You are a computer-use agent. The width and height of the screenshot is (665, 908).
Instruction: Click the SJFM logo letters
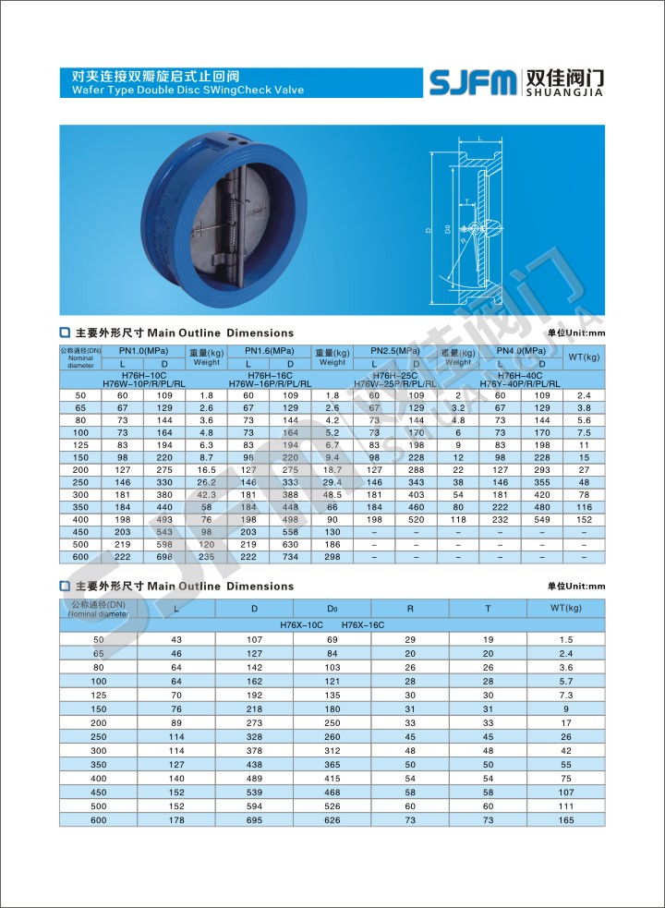pos(473,82)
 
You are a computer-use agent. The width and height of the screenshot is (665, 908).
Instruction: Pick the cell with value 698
pos(164,557)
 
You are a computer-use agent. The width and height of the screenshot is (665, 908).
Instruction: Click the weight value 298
pos(332,557)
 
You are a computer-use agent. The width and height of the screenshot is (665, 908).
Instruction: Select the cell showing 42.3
pos(206,494)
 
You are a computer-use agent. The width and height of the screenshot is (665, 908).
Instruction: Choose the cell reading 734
pos(290,557)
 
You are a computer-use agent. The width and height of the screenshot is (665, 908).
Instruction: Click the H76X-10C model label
pos(300,625)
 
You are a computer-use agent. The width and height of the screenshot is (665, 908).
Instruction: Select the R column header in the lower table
pos(410,609)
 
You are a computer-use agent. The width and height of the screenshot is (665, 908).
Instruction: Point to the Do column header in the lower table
pos(332,609)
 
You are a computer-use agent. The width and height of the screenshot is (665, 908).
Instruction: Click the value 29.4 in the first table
pos(332,482)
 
